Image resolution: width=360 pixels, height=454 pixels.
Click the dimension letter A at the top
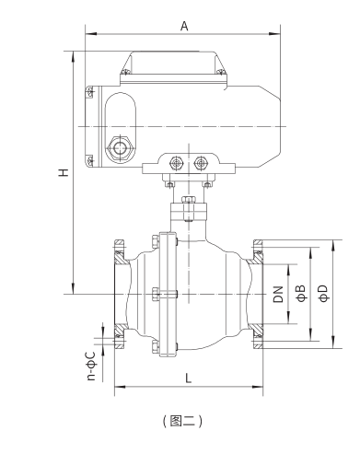point(184,26)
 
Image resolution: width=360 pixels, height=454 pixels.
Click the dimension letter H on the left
point(64,172)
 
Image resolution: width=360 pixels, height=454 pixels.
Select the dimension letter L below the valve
point(189,378)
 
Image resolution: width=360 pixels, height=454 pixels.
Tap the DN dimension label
point(278,294)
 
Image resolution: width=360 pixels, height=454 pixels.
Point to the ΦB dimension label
point(302,293)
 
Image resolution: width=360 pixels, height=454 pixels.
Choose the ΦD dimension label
point(324,293)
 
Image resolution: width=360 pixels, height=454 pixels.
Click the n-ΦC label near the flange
point(91,366)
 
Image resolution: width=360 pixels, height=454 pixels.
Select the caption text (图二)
point(182,421)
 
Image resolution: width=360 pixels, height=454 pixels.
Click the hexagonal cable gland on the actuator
point(120,148)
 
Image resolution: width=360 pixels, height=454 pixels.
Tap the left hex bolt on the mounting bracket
point(176,163)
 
